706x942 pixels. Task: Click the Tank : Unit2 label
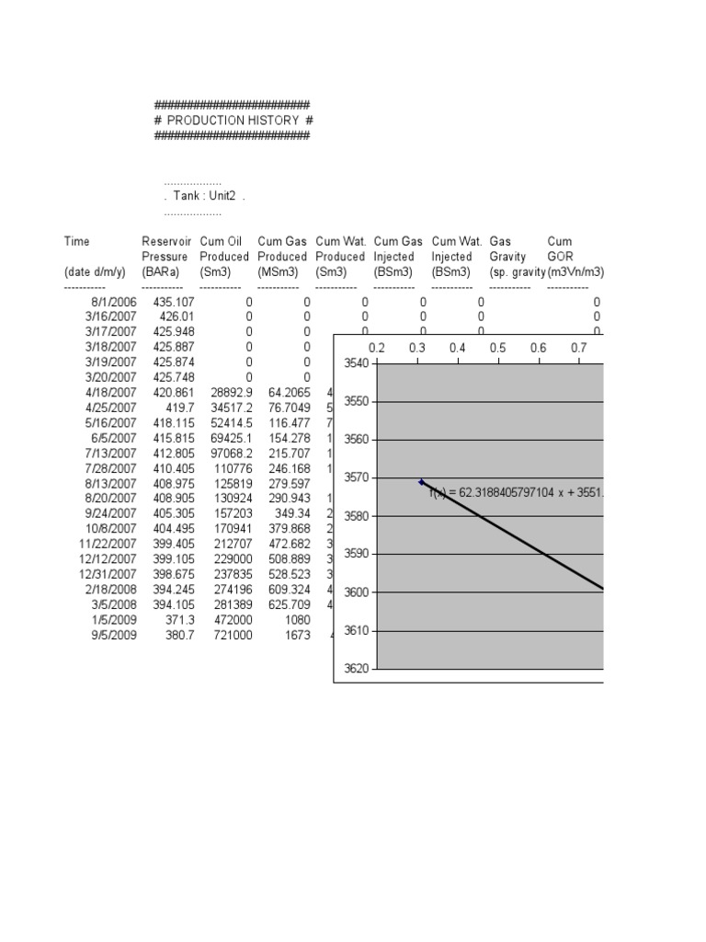[x=205, y=197]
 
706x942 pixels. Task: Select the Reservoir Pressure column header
[x=165, y=257]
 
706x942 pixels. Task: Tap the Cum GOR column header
[x=560, y=257]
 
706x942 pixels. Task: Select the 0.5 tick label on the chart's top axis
[x=498, y=348]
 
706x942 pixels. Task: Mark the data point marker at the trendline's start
[x=422, y=482]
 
